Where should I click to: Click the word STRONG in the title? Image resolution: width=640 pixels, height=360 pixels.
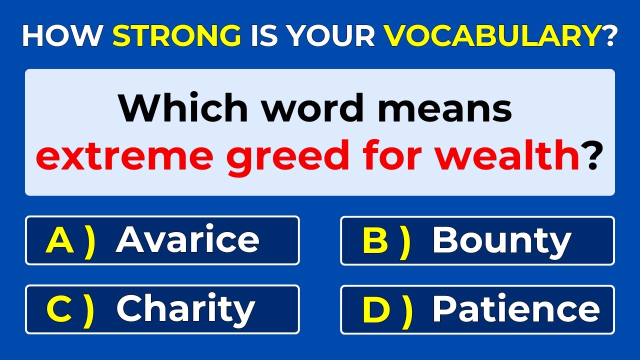[x=176, y=36]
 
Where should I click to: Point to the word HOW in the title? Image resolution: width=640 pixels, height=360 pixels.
[x=62, y=36]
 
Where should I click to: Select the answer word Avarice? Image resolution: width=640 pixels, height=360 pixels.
[x=187, y=240]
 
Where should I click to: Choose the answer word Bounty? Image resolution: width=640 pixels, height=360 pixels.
[x=501, y=241]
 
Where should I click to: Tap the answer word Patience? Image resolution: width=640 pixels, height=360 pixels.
[x=515, y=309]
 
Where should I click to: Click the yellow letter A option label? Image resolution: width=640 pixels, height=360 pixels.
[x=59, y=240]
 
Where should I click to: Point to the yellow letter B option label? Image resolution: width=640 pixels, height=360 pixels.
[x=375, y=240]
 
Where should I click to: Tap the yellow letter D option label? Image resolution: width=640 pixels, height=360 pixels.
[x=376, y=309]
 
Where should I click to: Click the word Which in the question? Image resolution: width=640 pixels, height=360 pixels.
[x=183, y=107]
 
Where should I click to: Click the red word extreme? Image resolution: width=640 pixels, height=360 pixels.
[x=124, y=156]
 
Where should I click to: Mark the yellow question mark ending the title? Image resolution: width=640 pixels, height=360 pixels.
[x=609, y=36]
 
